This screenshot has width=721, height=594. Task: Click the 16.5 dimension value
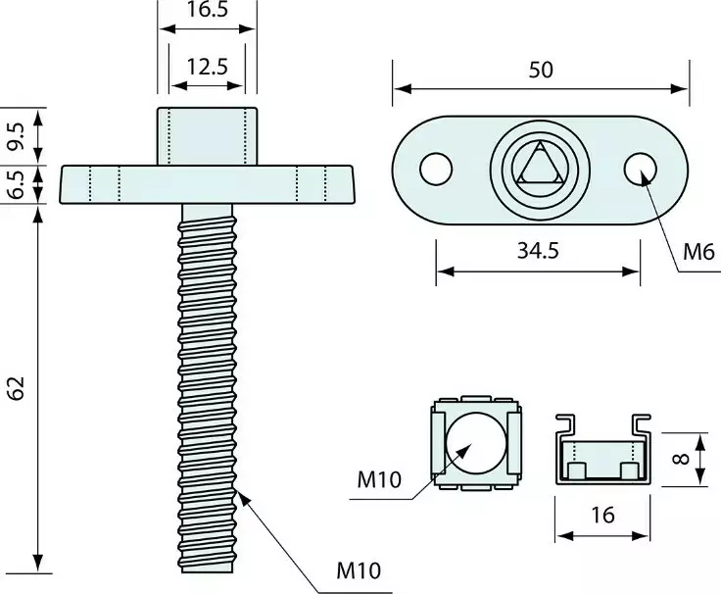pos(208,9)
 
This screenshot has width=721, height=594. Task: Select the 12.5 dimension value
pos(207,67)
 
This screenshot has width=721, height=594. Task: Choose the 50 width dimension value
pos(541,70)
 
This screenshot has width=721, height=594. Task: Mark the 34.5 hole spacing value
pos(538,251)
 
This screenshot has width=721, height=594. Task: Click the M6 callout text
pos(698,252)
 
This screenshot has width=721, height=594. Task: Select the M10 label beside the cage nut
pos(379,480)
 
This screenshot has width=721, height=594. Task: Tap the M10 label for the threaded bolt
pos(359,570)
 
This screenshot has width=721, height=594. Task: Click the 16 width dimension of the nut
pos(602,515)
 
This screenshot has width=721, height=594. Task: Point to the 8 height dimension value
pos(682,459)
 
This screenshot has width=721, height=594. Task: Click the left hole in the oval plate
pos(436,169)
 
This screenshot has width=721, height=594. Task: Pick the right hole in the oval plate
pos(640,169)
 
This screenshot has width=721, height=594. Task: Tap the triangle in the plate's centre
pos(540,166)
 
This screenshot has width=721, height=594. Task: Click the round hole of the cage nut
pos(476,443)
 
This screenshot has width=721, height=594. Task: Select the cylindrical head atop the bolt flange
pos(208,136)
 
